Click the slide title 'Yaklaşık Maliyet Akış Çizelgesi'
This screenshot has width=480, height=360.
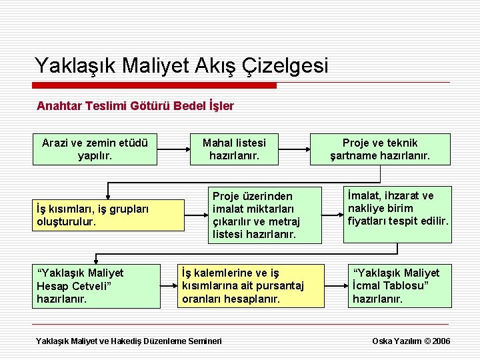[181, 65]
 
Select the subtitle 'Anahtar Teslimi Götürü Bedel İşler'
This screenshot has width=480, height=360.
[135, 106]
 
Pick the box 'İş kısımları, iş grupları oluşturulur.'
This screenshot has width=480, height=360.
[109, 215]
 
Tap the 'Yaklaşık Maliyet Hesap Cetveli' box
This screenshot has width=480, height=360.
[97, 286]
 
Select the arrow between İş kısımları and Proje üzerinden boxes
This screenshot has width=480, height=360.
[196, 215]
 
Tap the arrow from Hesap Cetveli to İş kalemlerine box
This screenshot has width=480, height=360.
[169, 286]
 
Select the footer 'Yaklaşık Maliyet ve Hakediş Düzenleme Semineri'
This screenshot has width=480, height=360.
[129, 341]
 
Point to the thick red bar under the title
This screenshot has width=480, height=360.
[155, 85]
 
